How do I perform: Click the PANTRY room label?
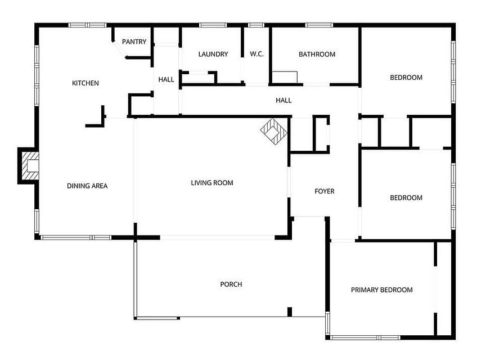tap(134, 42)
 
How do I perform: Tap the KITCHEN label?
tap(86, 83)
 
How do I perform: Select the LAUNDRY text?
tap(213, 54)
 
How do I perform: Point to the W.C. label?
tap(257, 54)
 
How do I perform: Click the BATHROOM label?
tap(317, 54)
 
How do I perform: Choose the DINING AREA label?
tap(87, 186)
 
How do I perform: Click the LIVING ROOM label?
tap(212, 183)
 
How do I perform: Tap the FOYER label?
tap(324, 191)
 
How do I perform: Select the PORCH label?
tap(231, 284)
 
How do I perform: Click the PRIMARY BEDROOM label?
tap(381, 290)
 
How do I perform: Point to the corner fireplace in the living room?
tap(273, 131)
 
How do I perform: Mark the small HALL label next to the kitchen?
tap(166, 80)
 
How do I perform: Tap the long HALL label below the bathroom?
tap(284, 100)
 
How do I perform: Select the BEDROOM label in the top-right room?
tap(406, 78)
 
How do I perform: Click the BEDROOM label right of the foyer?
tap(406, 198)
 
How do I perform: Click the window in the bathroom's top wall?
tap(319, 25)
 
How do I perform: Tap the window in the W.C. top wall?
tap(256, 25)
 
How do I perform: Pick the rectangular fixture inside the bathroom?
tap(285, 77)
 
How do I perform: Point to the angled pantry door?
tap(119, 49)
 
